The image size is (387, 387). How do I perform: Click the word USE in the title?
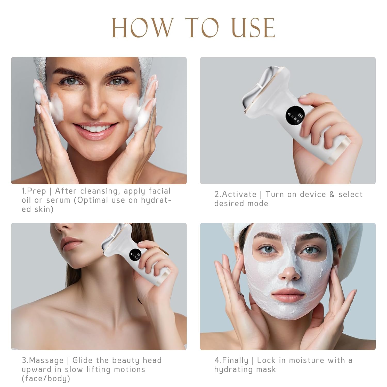coord(252,28)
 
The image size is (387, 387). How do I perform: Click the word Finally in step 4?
coord(235,360)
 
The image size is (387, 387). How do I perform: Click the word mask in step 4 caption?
coord(266,369)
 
